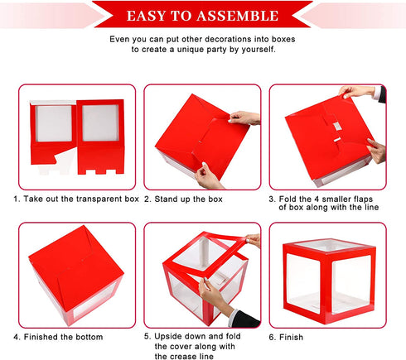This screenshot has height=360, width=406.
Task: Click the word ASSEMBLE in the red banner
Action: click(238, 16)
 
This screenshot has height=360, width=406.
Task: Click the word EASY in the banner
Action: click(147, 16)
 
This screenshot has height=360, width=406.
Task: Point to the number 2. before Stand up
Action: click(147, 199)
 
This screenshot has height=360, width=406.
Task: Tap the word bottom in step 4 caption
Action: click(89, 337)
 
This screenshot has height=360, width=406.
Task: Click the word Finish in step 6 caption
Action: click(291, 337)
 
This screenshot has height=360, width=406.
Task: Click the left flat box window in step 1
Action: click(54, 123)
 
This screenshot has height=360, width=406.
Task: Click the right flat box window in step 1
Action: click(100, 122)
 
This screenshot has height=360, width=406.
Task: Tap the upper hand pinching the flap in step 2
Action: click(244, 118)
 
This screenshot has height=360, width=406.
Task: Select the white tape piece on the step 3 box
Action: click(337, 127)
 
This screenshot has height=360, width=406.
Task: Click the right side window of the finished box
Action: click(351, 285)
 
